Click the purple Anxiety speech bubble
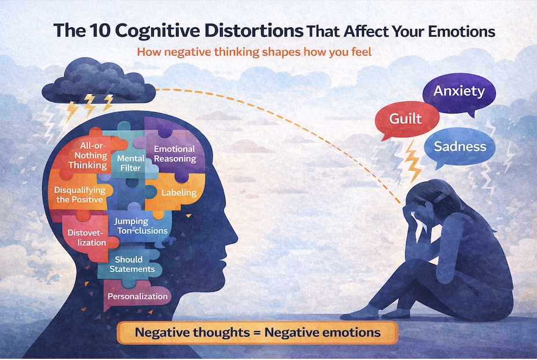pos(459,92)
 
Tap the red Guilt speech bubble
pos(405,120)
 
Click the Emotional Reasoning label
pos(175,154)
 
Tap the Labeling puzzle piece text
pos(179,193)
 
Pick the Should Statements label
pos(134,264)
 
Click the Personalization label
pos(138,296)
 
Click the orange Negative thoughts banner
pos(258,333)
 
